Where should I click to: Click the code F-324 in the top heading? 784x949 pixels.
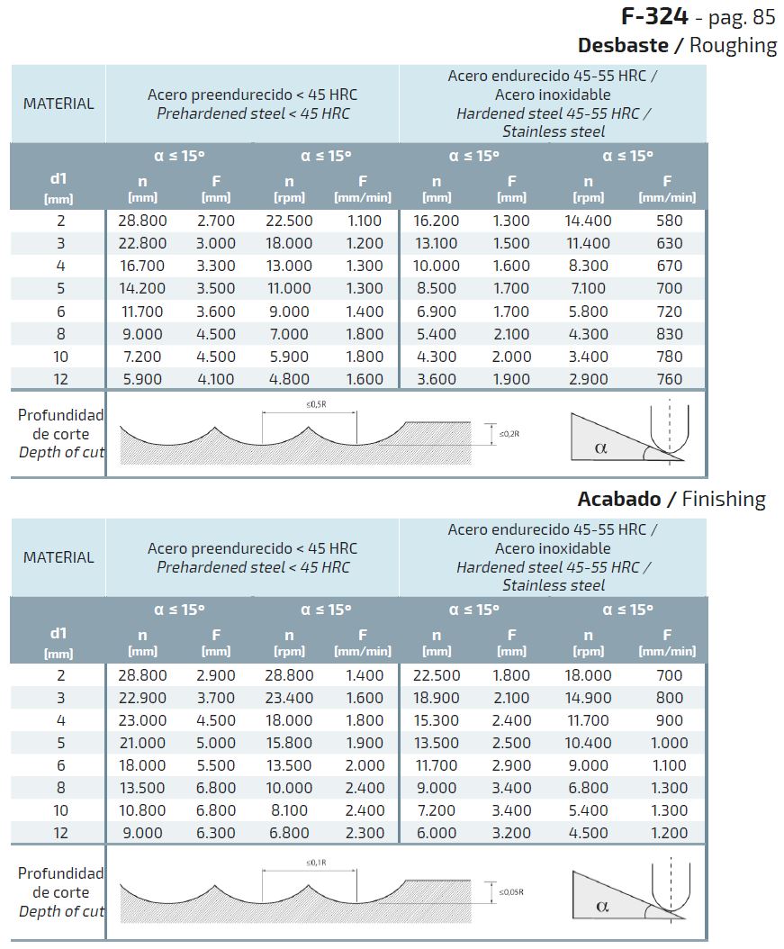[x=655, y=16]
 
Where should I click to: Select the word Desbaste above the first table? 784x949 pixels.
[x=623, y=45]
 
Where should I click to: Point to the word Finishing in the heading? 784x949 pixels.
[x=724, y=499]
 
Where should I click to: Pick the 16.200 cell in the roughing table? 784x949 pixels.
[x=437, y=221]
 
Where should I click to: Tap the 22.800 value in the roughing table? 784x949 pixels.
[x=142, y=243]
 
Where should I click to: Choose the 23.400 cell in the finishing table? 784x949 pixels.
[x=289, y=698]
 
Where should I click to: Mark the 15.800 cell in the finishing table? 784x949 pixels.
[x=289, y=743]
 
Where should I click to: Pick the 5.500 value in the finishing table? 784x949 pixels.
[x=216, y=765]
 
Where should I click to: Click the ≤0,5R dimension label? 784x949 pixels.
[x=316, y=404]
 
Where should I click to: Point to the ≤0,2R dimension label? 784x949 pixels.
[x=511, y=434]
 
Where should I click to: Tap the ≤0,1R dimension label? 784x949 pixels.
[x=316, y=863]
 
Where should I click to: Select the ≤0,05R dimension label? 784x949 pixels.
[x=512, y=892]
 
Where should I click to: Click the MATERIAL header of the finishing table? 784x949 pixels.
[x=59, y=557]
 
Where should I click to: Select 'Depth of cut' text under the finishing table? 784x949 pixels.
[x=61, y=911]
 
